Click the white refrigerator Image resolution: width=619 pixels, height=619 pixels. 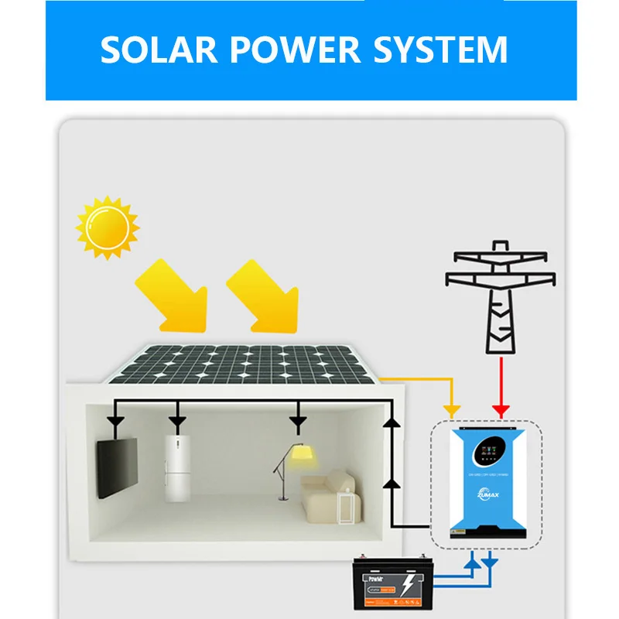coord(177,468)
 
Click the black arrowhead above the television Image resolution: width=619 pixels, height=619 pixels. coord(116,422)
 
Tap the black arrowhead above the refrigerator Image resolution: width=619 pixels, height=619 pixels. coord(177,422)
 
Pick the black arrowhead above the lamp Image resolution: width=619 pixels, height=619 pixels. coord(297,422)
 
